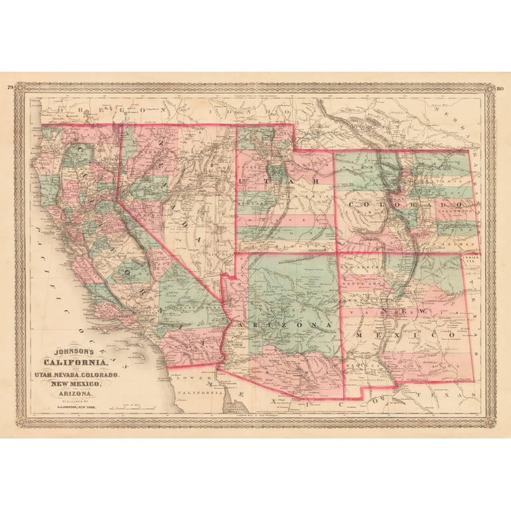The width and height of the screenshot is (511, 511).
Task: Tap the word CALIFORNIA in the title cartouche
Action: tap(75, 363)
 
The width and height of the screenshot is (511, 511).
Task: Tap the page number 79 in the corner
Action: tap(10, 87)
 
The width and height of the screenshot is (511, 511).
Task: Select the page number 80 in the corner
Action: tap(500, 87)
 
